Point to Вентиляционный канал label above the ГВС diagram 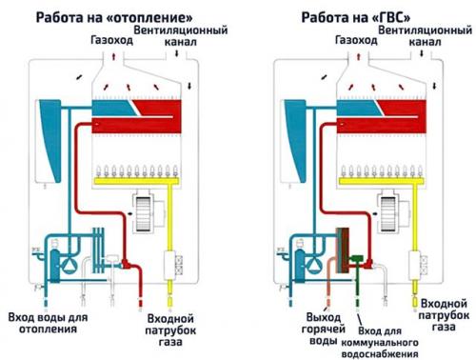(426, 37)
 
